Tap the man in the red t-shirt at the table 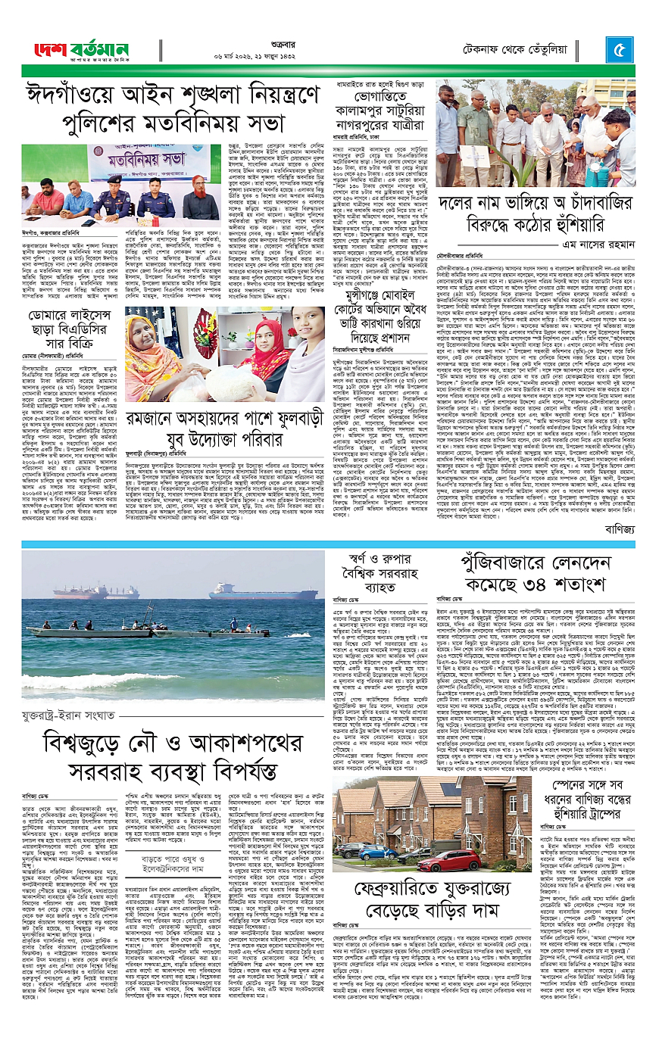(x=48, y=199)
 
